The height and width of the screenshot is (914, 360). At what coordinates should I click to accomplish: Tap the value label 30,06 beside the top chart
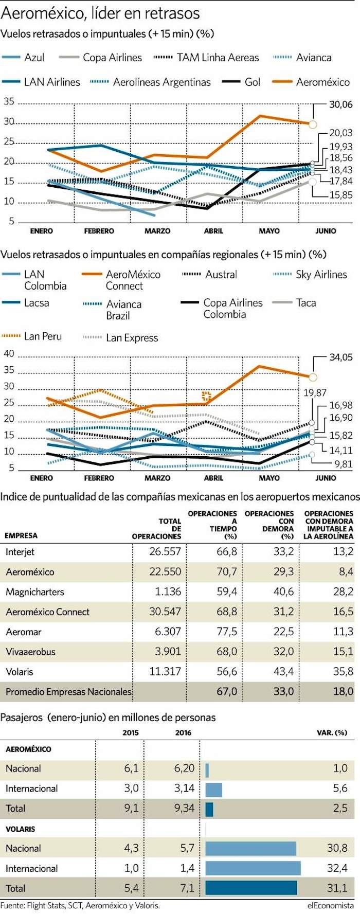[x=340, y=104]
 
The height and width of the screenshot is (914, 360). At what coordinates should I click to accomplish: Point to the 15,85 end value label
[x=340, y=195]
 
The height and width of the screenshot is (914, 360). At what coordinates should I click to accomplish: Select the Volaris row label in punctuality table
[x=20, y=672]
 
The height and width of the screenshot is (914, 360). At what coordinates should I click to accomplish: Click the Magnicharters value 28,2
[x=343, y=592]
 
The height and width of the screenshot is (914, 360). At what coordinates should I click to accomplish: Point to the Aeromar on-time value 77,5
[x=227, y=632]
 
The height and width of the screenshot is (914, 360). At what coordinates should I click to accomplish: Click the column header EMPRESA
[x=21, y=535]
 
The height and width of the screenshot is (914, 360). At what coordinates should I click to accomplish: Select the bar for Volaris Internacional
[x=253, y=868]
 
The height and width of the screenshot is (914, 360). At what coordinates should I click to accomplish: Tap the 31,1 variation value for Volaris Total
[x=337, y=888]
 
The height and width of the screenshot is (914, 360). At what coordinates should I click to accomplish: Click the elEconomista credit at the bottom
[x=331, y=906]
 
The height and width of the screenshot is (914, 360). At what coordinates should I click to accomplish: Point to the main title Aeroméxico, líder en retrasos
[x=100, y=12]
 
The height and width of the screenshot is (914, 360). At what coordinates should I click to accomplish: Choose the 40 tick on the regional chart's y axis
[x=9, y=354]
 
